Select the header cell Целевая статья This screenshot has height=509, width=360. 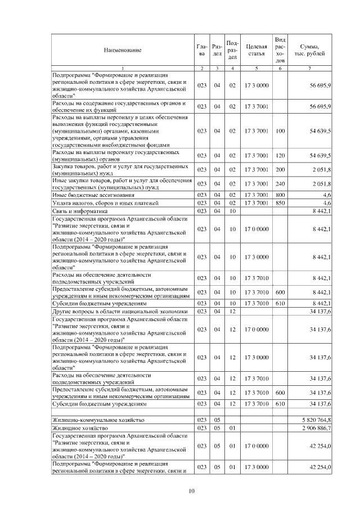pyautogui.click(x=256, y=50)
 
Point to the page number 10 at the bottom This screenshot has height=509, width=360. pyautogui.click(x=191, y=491)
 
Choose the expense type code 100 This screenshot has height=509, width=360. pyautogui.click(x=281, y=131)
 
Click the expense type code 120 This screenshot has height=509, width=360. pyautogui.click(x=281, y=155)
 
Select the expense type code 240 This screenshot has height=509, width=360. pyautogui.click(x=281, y=183)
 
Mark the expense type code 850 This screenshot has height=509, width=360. pyautogui.click(x=281, y=202)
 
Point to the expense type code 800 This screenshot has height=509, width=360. pyautogui.click(x=281, y=194)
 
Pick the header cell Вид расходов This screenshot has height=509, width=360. pyautogui.click(x=281, y=50)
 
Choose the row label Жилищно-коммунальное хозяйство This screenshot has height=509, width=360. pyautogui.click(x=98, y=420)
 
